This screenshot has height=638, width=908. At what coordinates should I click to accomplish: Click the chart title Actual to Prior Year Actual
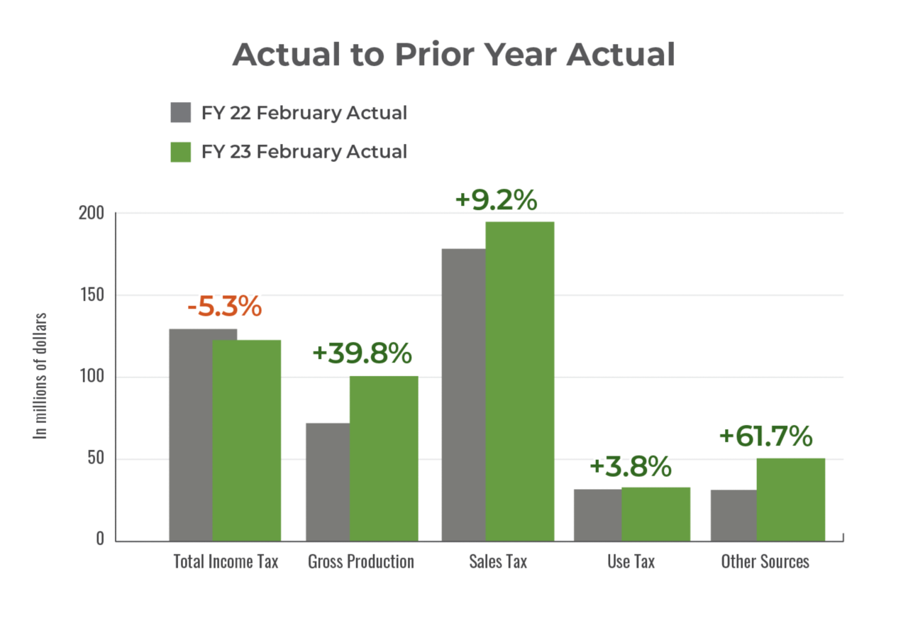pos(453,55)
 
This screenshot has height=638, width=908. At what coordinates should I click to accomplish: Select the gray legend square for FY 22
pos(181,112)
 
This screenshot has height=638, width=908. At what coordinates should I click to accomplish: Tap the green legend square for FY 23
pos(181,151)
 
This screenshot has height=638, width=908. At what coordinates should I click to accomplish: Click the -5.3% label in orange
pos(224,307)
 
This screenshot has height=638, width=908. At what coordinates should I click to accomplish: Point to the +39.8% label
pos(362,353)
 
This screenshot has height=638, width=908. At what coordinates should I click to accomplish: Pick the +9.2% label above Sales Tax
pos(496,200)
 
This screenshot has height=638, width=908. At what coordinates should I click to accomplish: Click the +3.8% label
pos(630,467)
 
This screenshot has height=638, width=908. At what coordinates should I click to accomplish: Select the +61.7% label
pos(765,436)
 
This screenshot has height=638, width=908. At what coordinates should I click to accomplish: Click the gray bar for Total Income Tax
pos(190,434)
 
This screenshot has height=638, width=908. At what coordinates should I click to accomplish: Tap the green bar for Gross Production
pos(384,458)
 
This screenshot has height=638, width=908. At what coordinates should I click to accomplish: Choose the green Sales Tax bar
pos(520,381)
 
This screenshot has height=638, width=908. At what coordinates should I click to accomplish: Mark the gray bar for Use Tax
pos(597,515)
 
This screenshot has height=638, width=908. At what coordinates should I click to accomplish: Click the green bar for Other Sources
pos(791,499)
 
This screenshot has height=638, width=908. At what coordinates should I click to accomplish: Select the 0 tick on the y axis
pos(100,539)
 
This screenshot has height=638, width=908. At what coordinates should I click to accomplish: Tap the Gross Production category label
pos(361,562)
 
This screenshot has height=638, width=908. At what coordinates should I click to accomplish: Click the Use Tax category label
pos(631,562)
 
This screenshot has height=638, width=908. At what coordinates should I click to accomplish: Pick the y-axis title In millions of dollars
pos(41,375)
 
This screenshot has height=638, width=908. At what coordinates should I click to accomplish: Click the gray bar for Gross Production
pos(327,481)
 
